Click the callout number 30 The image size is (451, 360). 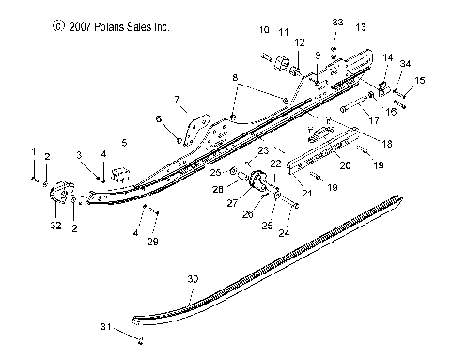(193, 278)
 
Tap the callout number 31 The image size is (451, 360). (108, 326)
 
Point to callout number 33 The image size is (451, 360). (312, 21)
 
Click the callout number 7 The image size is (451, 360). (175, 99)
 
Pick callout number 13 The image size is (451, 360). (361, 30)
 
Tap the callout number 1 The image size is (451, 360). (34, 150)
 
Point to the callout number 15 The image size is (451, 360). (420, 81)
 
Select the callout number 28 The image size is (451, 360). (219, 188)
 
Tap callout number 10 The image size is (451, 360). (263, 30)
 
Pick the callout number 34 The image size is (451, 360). (406, 63)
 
